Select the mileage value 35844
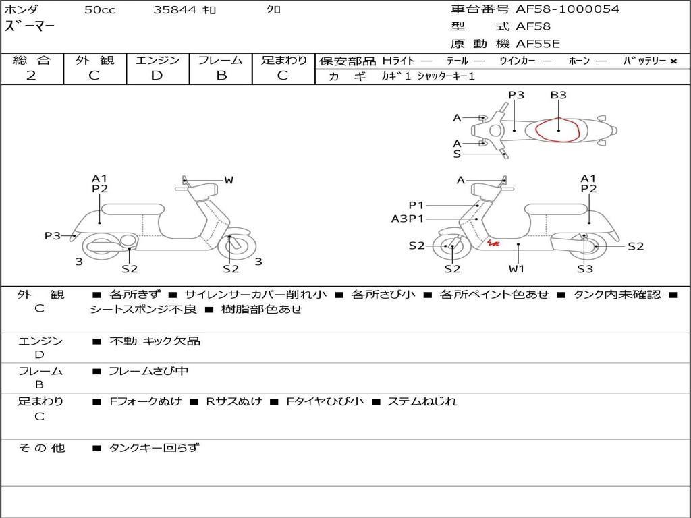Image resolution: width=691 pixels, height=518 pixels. tap(175, 10)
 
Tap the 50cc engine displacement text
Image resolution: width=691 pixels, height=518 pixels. tap(100, 10)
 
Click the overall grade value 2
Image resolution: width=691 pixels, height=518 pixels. tap(31, 76)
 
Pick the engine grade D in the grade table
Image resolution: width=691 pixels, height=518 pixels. tap(157, 76)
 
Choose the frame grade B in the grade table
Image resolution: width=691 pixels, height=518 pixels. tap(221, 76)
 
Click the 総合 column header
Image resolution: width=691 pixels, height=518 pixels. tap(32, 61)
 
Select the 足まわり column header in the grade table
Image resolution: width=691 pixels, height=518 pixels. tap(284, 61)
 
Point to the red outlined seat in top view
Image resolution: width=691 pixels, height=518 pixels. tap(557, 129)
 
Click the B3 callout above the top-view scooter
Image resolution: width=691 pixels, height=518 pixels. tap(558, 95)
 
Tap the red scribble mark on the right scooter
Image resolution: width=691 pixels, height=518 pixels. tap(493, 243)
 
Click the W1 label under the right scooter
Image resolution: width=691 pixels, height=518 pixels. tap(517, 269)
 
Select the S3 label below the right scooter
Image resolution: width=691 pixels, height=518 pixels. tap(585, 269)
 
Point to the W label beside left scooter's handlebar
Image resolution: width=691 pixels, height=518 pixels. tap(229, 180)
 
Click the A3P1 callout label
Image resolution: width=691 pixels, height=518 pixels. tap(408, 219)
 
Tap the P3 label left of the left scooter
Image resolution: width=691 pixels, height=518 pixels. tap(53, 236)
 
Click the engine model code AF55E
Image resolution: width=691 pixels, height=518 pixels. tap(538, 45)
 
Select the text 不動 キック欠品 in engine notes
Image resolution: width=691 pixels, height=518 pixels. tap(155, 341)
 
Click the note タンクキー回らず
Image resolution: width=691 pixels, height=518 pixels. tap(154, 447)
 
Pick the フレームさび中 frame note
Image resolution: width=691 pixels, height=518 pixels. tap(148, 371)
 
